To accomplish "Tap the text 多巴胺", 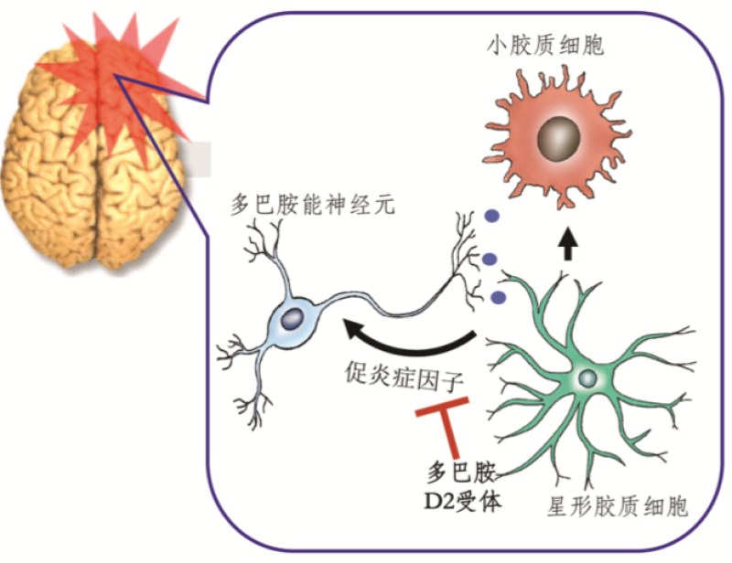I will click(464, 474).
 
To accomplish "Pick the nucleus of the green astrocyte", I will click(587, 377).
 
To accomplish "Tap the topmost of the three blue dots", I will click(492, 217).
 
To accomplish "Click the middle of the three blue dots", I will click(491, 259).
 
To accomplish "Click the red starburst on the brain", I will click(110, 69).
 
